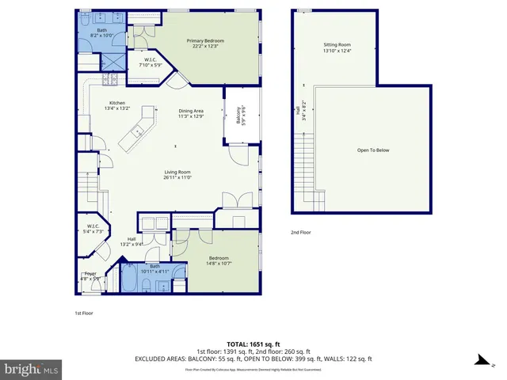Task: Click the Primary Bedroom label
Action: [x=205, y=44]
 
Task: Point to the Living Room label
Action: [x=182, y=175]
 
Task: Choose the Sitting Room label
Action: [x=336, y=48]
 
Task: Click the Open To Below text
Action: [x=372, y=150]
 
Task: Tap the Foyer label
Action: [x=90, y=276]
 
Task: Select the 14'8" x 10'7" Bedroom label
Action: [x=219, y=260]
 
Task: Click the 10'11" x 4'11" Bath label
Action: [x=154, y=268]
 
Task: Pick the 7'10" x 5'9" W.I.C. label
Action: [x=151, y=63]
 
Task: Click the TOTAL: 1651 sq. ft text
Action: [x=253, y=344]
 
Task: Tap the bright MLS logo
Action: [x=32, y=369]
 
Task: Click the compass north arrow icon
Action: [x=480, y=360]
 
